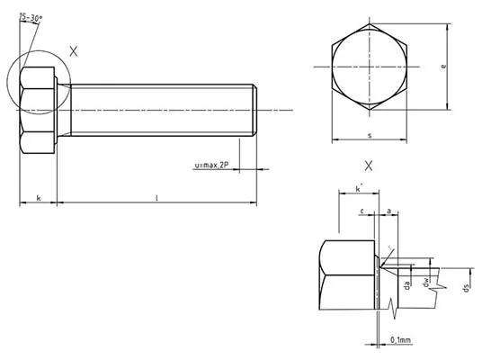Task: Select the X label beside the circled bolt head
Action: pyautogui.click(x=73, y=52)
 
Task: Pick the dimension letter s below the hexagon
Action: pyautogui.click(x=370, y=135)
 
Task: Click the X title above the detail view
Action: pyautogui.click(x=369, y=166)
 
